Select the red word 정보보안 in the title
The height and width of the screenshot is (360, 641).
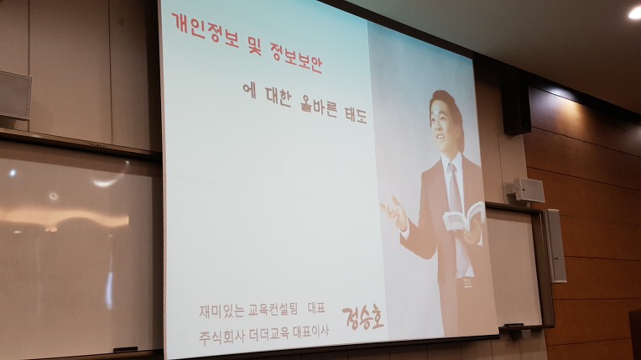[x=295, y=57]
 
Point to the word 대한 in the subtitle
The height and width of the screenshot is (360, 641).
[x=278, y=97]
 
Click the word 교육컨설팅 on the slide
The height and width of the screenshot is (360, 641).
[x=273, y=310]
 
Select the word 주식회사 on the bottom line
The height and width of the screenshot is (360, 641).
[x=221, y=336]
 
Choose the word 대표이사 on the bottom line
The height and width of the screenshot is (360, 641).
[x=311, y=331]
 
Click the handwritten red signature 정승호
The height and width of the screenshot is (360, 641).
[x=363, y=317]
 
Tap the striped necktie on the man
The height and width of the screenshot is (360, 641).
[x=458, y=221]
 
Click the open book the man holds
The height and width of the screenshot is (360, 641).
[x=464, y=216]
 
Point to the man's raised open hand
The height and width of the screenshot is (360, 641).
[x=395, y=213]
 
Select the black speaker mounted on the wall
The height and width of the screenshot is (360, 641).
[x=517, y=107]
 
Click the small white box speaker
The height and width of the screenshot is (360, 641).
[x=529, y=190]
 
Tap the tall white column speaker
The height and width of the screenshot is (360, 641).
[x=555, y=246]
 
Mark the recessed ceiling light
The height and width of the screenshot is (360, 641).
[x=635, y=13]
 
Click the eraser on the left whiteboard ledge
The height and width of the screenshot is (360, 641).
[x=126, y=349]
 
